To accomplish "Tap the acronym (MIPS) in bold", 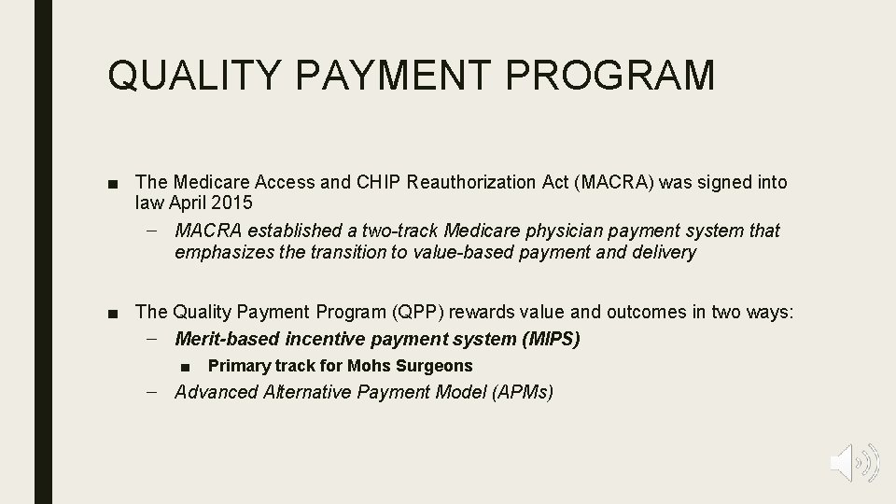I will coord(551,339).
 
